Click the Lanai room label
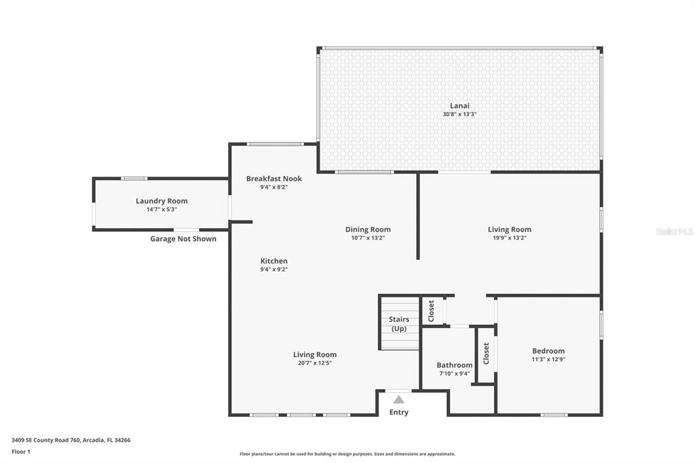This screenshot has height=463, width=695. [x=459, y=105]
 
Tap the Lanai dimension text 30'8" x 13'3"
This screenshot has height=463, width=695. [x=459, y=114]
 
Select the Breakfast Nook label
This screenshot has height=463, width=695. [x=274, y=179]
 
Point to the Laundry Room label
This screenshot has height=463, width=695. [x=162, y=201]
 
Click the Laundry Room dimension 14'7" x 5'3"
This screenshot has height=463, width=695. [x=162, y=209]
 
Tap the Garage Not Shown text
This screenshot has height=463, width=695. [x=183, y=238]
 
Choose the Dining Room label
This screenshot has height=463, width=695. [x=368, y=229]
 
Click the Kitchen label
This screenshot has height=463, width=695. [x=274, y=261]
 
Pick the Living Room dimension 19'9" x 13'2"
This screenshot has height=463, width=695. [x=510, y=238]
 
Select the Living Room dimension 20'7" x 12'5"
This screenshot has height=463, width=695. [x=315, y=363]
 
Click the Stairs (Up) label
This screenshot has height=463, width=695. [x=399, y=324]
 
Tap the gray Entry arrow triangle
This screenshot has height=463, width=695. [x=399, y=400]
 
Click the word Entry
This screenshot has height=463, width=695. [x=399, y=412]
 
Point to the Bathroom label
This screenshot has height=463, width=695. [x=454, y=365]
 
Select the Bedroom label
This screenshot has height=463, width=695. [x=548, y=351]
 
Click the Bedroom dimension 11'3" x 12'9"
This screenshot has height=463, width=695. [x=548, y=359]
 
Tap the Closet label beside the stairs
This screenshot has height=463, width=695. [x=431, y=311]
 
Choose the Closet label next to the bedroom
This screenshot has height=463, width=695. [x=486, y=354]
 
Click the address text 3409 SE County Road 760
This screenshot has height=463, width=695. [x=46, y=441]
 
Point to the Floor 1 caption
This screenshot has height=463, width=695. [x=21, y=452]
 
